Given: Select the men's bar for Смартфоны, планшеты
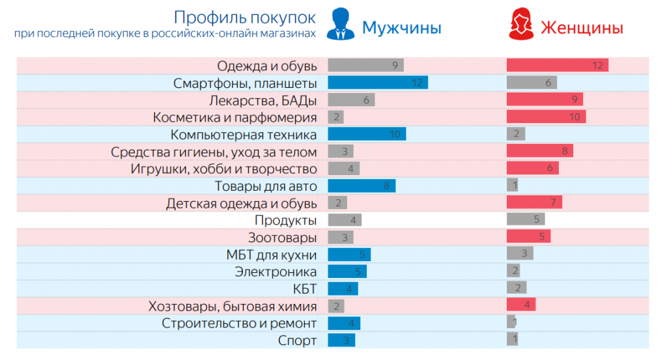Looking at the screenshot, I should (x=377, y=83).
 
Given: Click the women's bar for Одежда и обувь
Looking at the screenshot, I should (x=557, y=66).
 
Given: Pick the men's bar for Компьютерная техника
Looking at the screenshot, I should (x=366, y=134).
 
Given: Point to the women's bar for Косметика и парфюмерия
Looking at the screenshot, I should (x=546, y=117).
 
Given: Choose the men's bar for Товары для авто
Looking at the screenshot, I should (x=361, y=186).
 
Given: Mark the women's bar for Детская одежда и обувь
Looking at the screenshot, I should (x=534, y=202).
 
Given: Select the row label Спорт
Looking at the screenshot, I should (x=297, y=340).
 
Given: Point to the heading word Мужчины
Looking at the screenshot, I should (x=401, y=27).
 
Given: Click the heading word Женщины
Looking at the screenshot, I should (x=582, y=27).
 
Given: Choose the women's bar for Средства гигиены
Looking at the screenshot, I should (x=539, y=152).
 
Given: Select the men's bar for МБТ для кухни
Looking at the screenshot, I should (x=348, y=255).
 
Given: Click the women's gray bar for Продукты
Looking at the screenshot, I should (x=525, y=219).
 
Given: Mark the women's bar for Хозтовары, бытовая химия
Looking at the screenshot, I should (x=521, y=305).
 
